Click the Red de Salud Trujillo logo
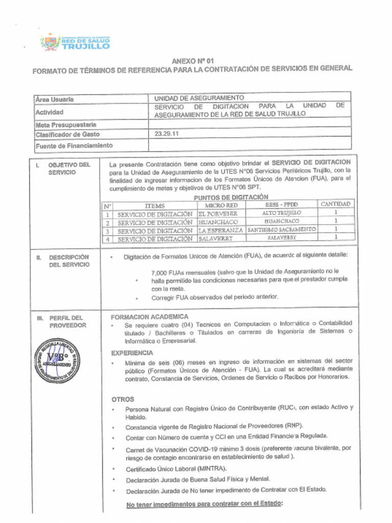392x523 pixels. pyautogui.click(x=75, y=42)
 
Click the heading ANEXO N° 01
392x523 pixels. pyautogui.click(x=192, y=61)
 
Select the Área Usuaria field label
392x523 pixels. pyautogui.click(x=55, y=99)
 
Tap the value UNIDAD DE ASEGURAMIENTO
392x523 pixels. pyautogui.click(x=199, y=98)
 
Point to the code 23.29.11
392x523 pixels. pyautogui.click(x=167, y=134)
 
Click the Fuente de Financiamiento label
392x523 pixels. pyautogui.click(x=74, y=146)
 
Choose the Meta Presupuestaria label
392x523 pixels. pyautogui.click(x=66, y=124)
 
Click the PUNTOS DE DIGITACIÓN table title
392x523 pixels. pyautogui.click(x=231, y=197)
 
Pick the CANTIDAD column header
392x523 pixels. pyautogui.click(x=335, y=204)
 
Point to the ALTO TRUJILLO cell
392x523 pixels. pyautogui.click(x=282, y=212)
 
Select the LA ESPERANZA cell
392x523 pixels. pyautogui.click(x=220, y=230)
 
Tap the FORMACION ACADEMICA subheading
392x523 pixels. pyautogui.click(x=150, y=317)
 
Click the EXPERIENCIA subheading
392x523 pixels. pyautogui.click(x=132, y=353)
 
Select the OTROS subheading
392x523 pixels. pyautogui.click(x=122, y=399)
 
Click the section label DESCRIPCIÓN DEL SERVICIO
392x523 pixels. pyautogui.click(x=68, y=261)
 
